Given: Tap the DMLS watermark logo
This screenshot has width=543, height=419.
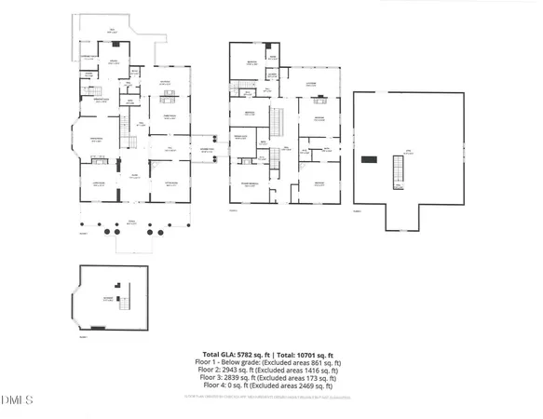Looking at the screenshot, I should pos(17,400).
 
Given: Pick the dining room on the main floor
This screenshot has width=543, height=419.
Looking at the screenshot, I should pos(170,116).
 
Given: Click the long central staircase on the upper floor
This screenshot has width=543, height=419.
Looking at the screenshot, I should pos(276,120).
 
